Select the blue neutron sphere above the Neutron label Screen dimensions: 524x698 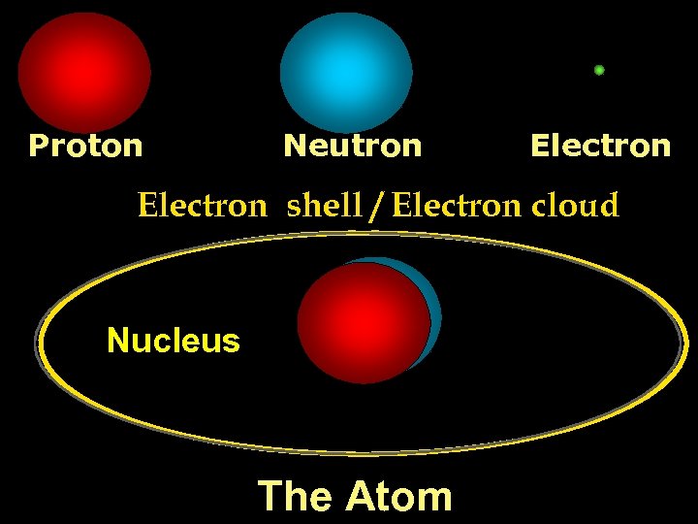[346, 72]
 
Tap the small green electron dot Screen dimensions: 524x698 [599, 70]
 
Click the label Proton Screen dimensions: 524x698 [85, 146]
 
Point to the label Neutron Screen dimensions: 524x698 [352, 146]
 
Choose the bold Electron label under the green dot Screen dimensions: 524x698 [600, 146]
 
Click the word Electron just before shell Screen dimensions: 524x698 [202, 206]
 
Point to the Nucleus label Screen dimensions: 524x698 [173, 341]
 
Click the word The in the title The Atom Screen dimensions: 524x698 [295, 496]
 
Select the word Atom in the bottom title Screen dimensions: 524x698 [399, 496]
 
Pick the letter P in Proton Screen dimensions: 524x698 [38, 146]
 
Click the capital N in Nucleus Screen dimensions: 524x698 [117, 341]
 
